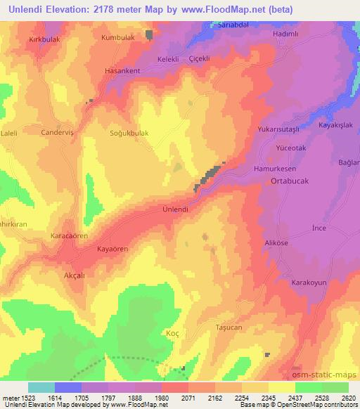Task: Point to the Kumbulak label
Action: click(x=117, y=37)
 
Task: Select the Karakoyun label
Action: click(x=310, y=282)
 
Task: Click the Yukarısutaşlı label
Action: click(x=280, y=130)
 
